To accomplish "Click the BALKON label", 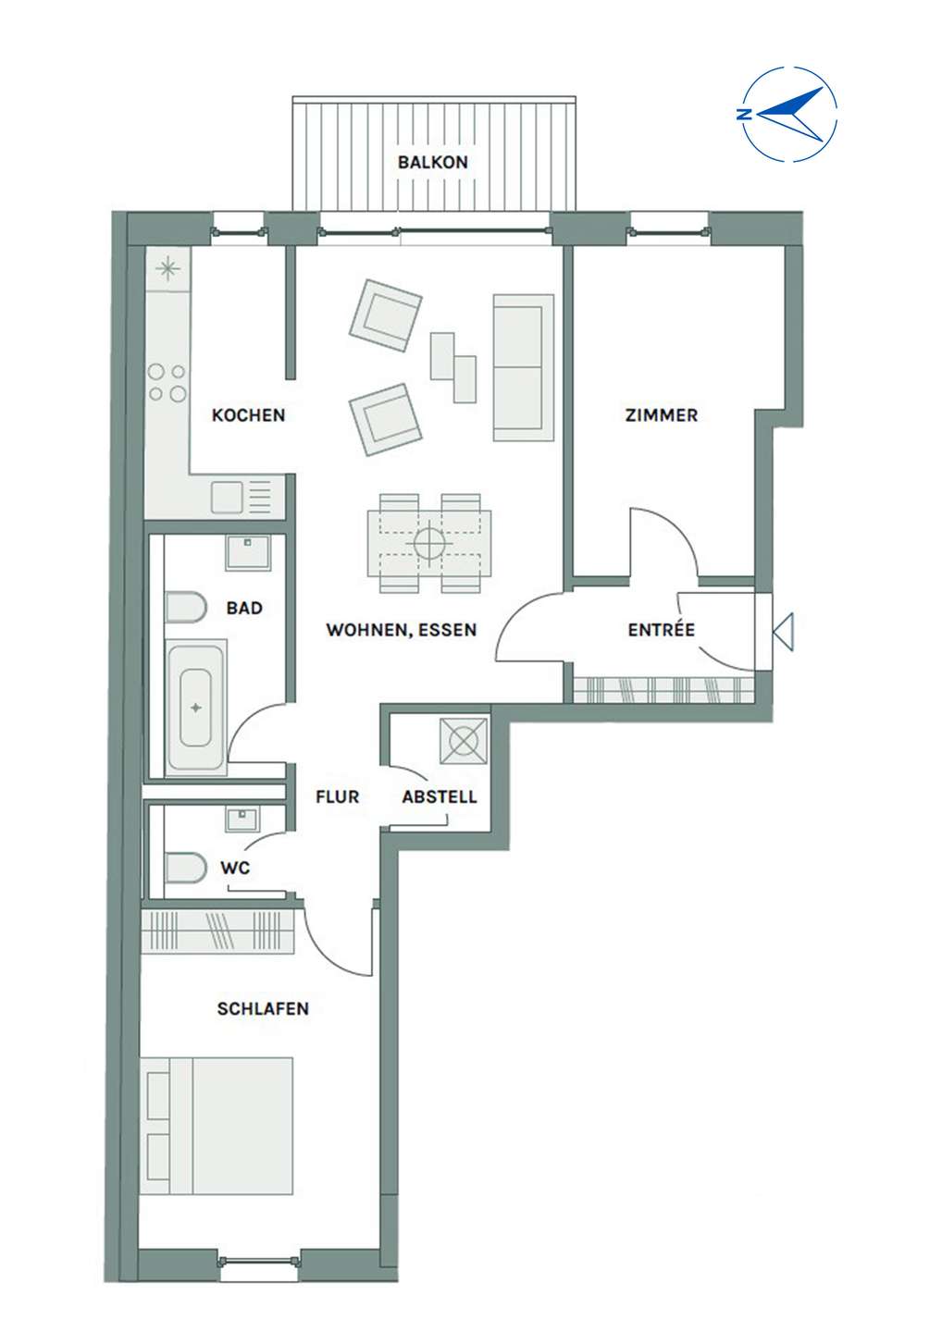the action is [432, 162].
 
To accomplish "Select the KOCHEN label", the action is [249, 415].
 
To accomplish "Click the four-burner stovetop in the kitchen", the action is [167, 382].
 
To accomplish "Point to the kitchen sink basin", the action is [227, 498].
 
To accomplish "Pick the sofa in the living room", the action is [524, 367].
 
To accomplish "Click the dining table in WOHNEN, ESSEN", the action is [429, 544].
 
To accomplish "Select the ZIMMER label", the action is [662, 415].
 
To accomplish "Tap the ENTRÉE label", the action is [662, 630].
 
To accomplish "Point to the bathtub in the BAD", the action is [195, 707].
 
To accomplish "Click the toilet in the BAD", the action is [186, 607].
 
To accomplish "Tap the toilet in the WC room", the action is [186, 869].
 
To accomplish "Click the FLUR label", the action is [337, 796].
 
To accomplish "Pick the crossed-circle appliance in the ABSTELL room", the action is [464, 741].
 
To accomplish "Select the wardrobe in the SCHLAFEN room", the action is [217, 931].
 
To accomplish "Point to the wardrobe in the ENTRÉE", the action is [663, 690].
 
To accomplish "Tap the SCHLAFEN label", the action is [263, 1009].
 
